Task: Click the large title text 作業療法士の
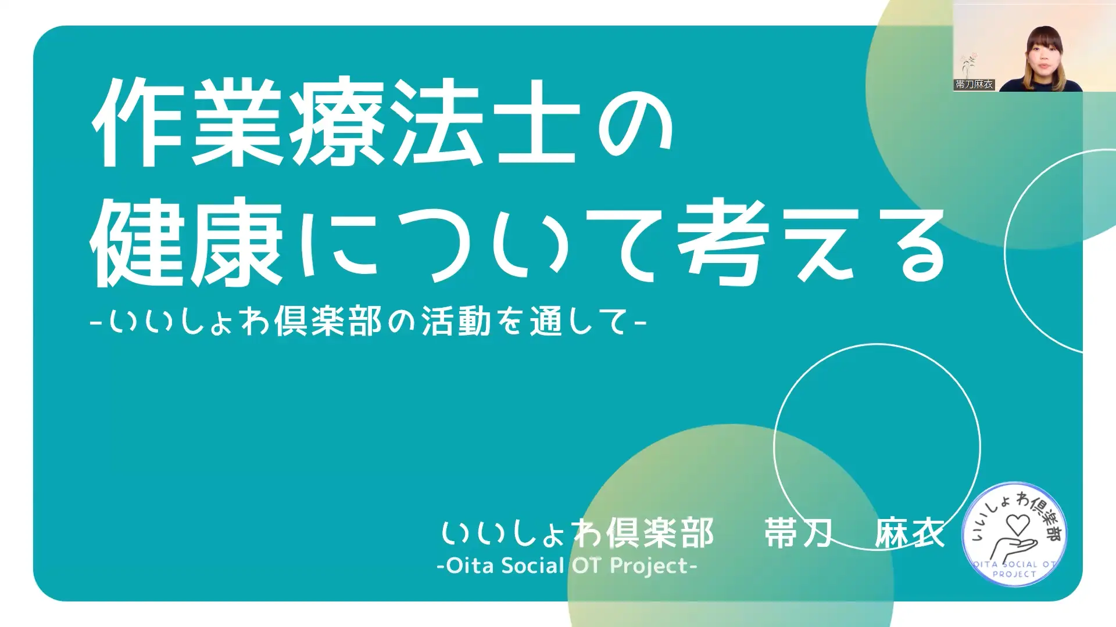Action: click(382, 123)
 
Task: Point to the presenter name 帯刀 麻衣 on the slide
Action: click(854, 533)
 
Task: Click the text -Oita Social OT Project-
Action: click(567, 565)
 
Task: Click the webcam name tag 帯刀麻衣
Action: click(974, 85)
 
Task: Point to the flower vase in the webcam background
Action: click(968, 66)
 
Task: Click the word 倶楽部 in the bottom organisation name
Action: click(660, 533)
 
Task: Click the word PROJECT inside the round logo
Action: click(1014, 574)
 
